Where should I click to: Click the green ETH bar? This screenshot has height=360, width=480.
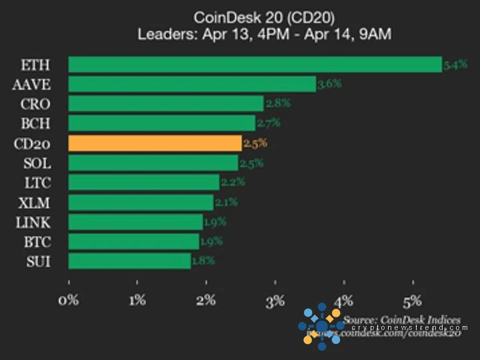[255, 65]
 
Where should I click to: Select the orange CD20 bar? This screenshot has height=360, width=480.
[155, 143]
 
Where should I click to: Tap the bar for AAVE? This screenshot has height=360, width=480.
[192, 84]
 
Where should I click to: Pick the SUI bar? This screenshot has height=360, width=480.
[129, 261]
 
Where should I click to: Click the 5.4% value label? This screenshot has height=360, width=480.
[456, 65]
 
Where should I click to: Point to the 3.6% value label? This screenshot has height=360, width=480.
[329, 84]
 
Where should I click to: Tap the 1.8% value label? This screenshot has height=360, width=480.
[203, 261]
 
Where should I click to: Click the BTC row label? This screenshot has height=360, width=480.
[35, 241]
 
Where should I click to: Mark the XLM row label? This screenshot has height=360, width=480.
[35, 202]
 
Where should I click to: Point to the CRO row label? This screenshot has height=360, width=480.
[35, 103]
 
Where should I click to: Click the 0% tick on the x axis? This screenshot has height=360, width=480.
[69, 300]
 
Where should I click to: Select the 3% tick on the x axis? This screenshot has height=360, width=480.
[275, 300]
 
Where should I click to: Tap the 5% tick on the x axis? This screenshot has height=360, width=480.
[412, 300]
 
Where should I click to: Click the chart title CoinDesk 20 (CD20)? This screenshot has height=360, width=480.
[264, 17]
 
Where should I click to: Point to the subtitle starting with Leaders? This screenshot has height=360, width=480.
[264, 34]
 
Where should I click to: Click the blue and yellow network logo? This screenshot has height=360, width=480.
[321, 326]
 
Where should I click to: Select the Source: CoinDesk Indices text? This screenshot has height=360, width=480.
[402, 321]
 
